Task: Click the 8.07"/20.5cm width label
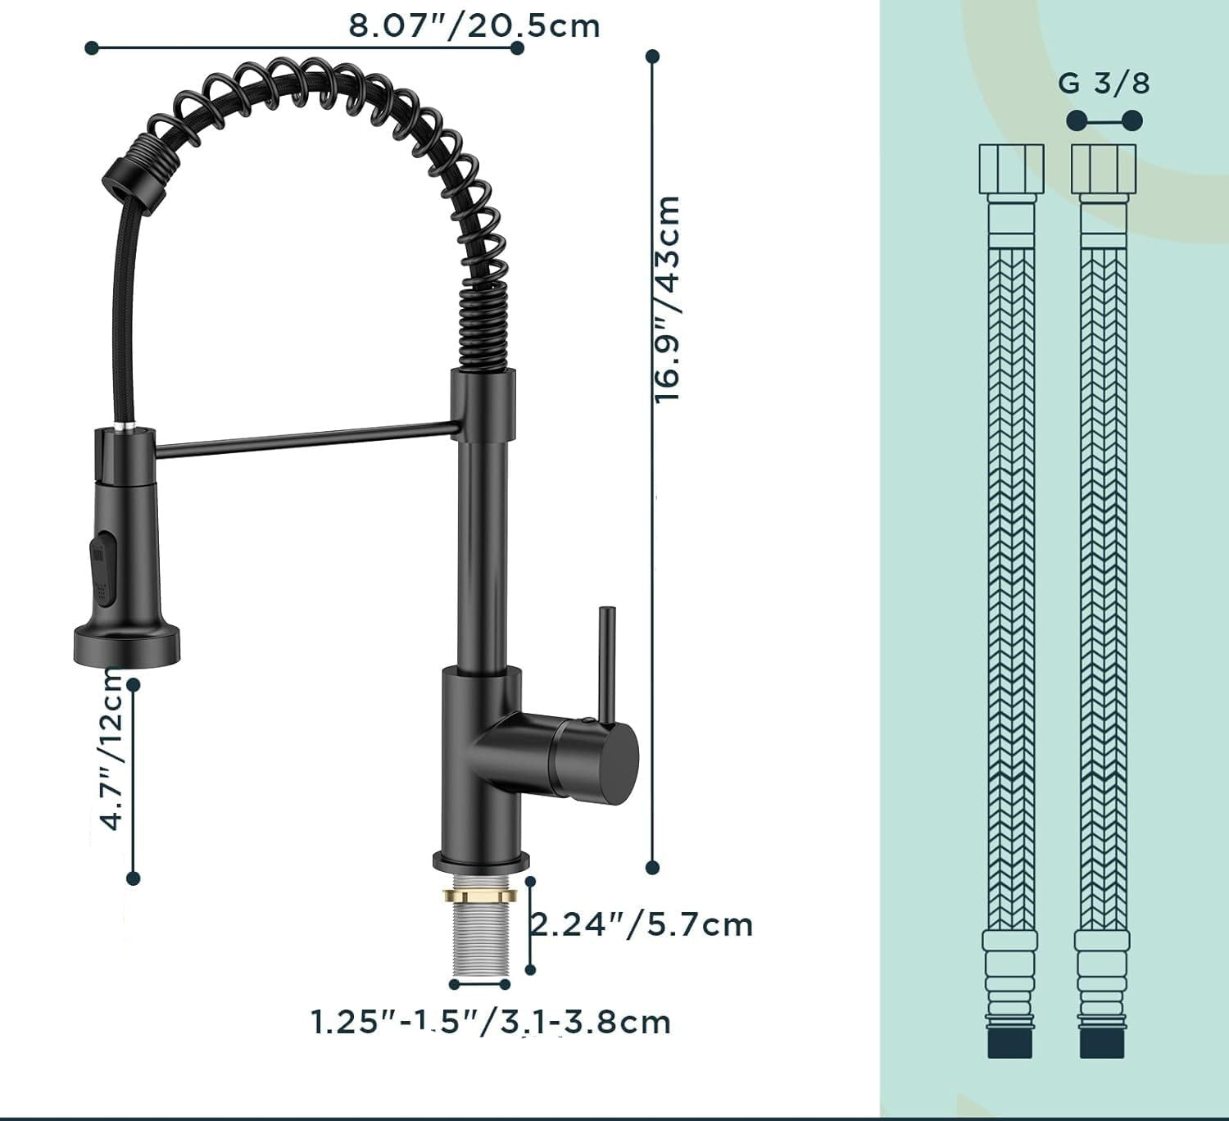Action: [474, 26]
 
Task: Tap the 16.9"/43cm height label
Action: [668, 299]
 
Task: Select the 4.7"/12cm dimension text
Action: [111, 749]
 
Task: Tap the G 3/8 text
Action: [1104, 84]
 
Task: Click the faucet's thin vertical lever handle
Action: [608, 666]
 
